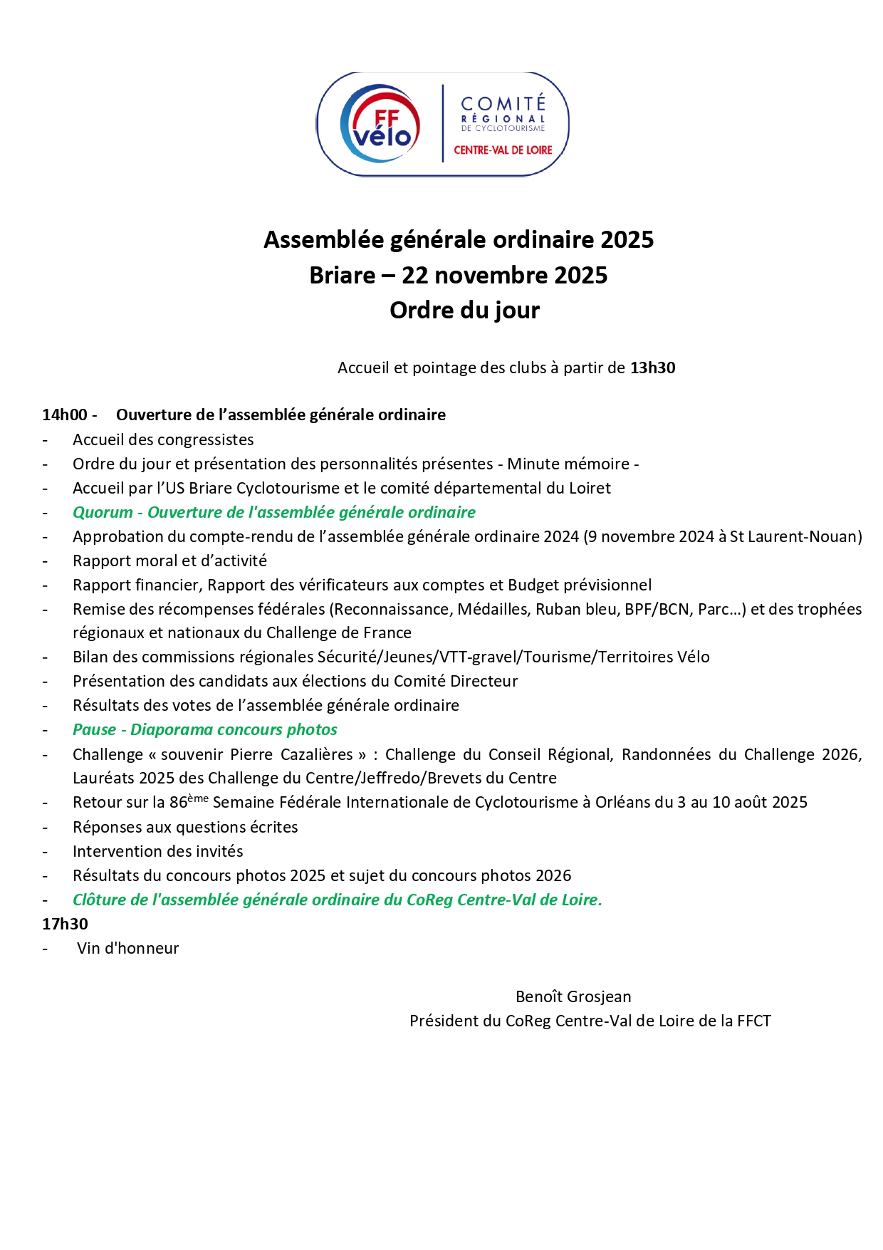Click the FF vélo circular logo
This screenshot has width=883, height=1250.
click(x=380, y=124)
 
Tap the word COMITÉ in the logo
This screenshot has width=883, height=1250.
click(x=503, y=104)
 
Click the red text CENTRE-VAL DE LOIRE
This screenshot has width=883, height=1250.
click(x=503, y=150)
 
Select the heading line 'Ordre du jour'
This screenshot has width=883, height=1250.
click(x=464, y=311)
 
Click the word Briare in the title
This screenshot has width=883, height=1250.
click(x=342, y=276)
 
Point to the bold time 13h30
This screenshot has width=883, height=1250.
click(x=652, y=368)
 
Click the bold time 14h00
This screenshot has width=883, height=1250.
click(x=64, y=415)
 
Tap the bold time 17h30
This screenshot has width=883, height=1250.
click(x=65, y=925)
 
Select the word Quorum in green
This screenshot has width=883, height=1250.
click(x=103, y=513)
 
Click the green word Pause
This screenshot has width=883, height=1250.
click(x=94, y=730)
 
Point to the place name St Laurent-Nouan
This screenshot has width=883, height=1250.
click(x=795, y=537)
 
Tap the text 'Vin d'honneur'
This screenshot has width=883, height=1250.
click(x=128, y=949)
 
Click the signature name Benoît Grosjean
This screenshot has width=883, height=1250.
click(x=573, y=997)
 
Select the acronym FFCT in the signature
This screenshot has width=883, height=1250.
click(x=753, y=1021)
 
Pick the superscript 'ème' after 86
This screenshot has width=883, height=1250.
click(x=198, y=798)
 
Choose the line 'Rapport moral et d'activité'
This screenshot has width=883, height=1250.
click(x=169, y=561)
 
